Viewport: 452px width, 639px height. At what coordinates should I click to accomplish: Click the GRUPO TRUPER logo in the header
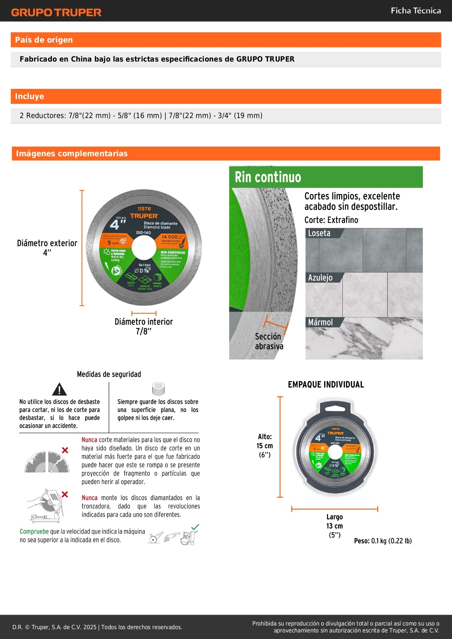coord(56,12)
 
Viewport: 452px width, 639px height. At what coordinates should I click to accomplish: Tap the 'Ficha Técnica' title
coord(416,11)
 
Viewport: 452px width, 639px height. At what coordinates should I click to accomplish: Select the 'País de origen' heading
coord(44,40)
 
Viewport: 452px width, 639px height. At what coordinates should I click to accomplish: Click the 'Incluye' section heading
coord(30,97)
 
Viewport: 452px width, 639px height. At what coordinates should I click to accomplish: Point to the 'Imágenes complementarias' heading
coord(72,154)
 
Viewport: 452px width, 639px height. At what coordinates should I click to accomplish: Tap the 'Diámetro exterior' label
coord(47,243)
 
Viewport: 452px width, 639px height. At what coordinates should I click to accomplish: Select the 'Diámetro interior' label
coord(144,322)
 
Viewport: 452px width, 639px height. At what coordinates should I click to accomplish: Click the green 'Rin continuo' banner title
coord(268,177)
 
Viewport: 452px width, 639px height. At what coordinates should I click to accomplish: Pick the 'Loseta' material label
coord(319,233)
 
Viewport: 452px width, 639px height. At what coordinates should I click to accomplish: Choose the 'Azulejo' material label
coord(320,278)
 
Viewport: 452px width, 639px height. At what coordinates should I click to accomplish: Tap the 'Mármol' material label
coord(320,322)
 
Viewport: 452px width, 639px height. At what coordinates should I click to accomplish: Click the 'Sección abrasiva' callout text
coord(269,341)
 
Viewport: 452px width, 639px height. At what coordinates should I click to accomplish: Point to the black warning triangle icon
coord(59,389)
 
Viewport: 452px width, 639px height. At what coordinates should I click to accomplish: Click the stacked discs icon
coord(158,389)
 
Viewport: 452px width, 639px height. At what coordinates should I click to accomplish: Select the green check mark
coord(195,527)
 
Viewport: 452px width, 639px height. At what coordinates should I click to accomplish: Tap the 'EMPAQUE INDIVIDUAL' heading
coord(326,385)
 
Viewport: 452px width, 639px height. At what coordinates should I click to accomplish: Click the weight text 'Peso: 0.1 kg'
coord(382,541)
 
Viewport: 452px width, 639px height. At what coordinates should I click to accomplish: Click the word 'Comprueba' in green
coord(34,532)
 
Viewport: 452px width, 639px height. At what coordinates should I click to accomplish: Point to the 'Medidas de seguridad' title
coord(109,375)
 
